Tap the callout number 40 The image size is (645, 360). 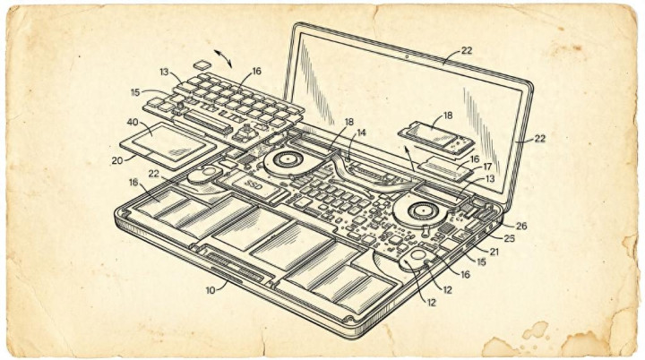point(133,122)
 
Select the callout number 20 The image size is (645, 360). point(117,160)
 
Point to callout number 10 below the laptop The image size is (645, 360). point(211,290)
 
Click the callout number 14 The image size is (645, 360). point(361,133)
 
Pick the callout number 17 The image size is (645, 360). point(487,167)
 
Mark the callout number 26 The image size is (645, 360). point(521,226)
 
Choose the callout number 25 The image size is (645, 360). point(509,238)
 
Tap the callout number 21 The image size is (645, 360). point(494,252)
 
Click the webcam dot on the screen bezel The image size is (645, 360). point(407,56)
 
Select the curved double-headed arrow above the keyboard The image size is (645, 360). point(222,58)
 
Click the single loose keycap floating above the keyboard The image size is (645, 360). point(202,64)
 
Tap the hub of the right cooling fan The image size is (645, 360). point(418,211)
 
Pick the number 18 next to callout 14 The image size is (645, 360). point(348,122)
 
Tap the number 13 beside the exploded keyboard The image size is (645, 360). point(164,72)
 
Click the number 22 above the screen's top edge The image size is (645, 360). point(467,50)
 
